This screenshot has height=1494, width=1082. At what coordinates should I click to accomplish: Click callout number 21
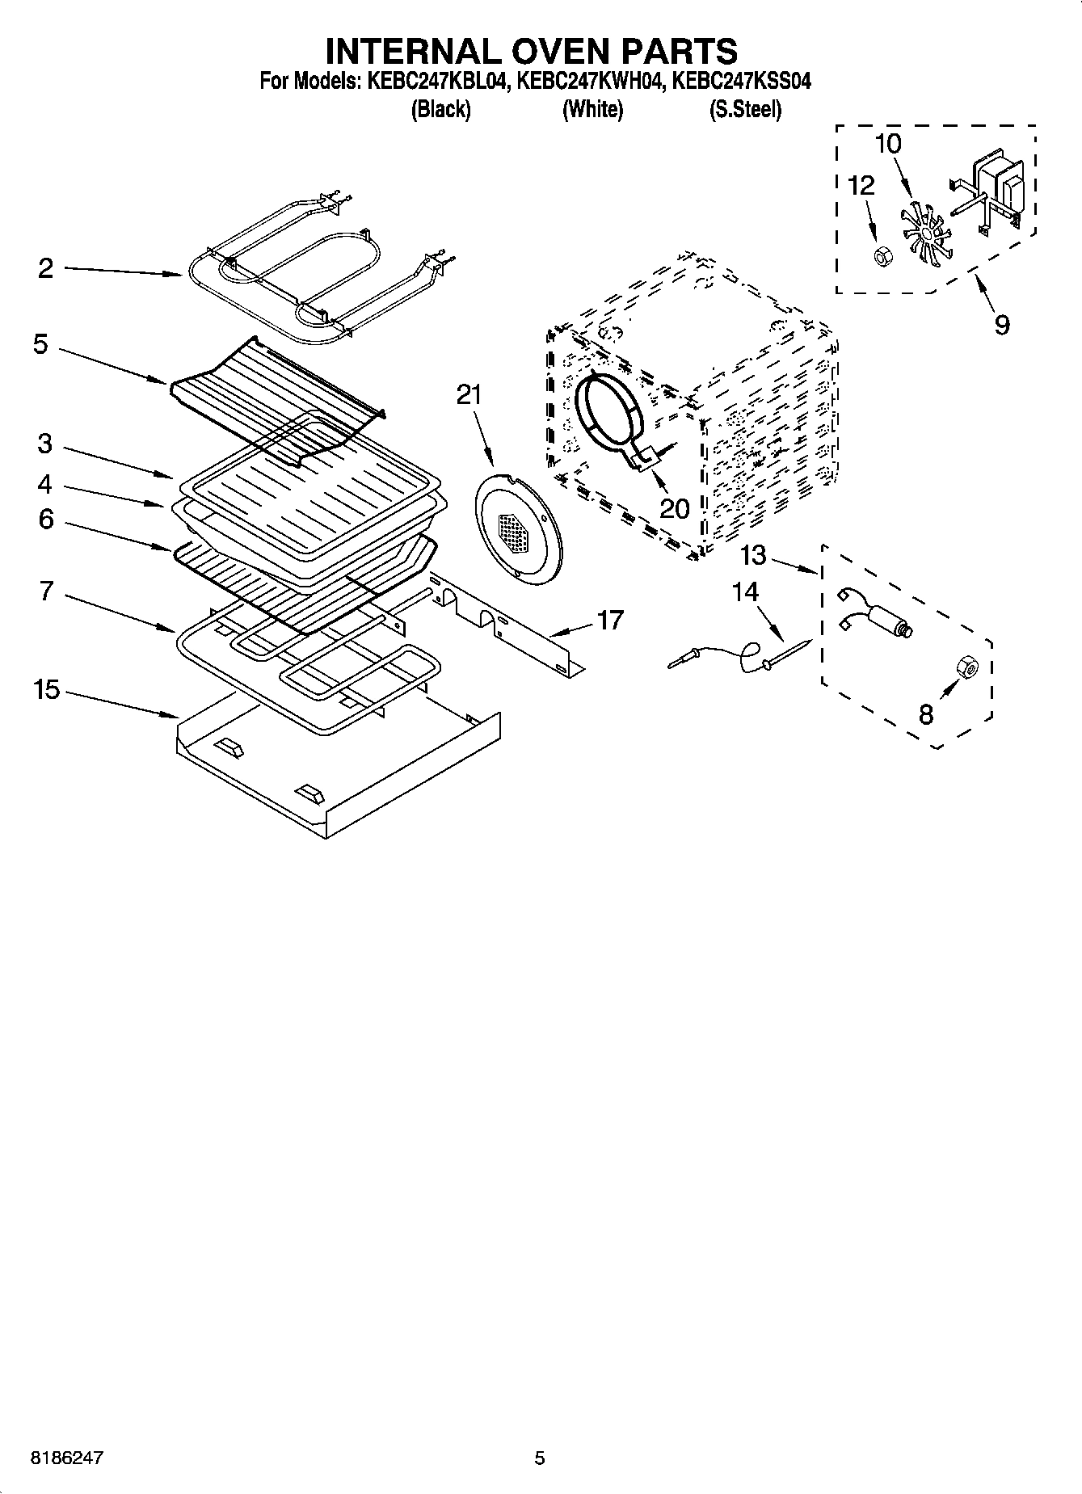pos(469,394)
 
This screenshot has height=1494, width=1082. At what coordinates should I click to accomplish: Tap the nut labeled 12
pos(883,257)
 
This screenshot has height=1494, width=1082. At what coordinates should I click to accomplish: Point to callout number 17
pos(610,620)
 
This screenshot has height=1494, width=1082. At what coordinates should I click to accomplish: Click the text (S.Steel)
pos(745,110)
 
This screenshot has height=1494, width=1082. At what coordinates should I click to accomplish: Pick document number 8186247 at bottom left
pos(66,1458)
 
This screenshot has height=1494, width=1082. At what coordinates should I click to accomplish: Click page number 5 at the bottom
pos(540,1458)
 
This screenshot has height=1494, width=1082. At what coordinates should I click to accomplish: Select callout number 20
pos(675,508)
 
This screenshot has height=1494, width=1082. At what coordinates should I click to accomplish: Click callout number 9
pos(1002,325)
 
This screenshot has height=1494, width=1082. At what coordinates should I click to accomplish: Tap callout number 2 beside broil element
pos(46,267)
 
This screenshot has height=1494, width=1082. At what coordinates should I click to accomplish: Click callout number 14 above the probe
pos(745,592)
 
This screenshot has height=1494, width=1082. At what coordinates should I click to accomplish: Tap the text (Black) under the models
pos(440,110)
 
